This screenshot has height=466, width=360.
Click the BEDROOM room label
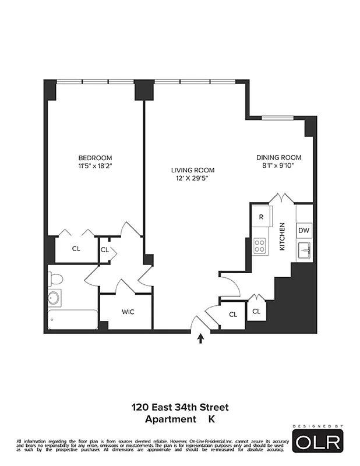(x=96, y=158)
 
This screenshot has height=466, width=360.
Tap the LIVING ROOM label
(x=192, y=170)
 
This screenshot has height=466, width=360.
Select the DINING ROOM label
(x=278, y=158)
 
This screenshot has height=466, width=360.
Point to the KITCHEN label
(x=283, y=236)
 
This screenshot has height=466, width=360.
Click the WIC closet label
(x=128, y=312)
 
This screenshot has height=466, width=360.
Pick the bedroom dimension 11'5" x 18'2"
(x=96, y=166)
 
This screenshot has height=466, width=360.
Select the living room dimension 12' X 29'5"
(x=192, y=178)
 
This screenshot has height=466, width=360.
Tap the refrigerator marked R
(x=261, y=217)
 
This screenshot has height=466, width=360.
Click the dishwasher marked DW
(x=303, y=231)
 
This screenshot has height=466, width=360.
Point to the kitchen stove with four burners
(x=260, y=246)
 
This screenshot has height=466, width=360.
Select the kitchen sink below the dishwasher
(x=303, y=251)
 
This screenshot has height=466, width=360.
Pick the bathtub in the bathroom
(x=72, y=320)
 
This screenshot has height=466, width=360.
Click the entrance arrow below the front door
(x=201, y=338)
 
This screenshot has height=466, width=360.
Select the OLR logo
(x=317, y=441)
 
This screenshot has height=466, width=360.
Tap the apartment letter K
(x=211, y=419)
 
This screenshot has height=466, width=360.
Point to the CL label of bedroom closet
(x=76, y=249)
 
